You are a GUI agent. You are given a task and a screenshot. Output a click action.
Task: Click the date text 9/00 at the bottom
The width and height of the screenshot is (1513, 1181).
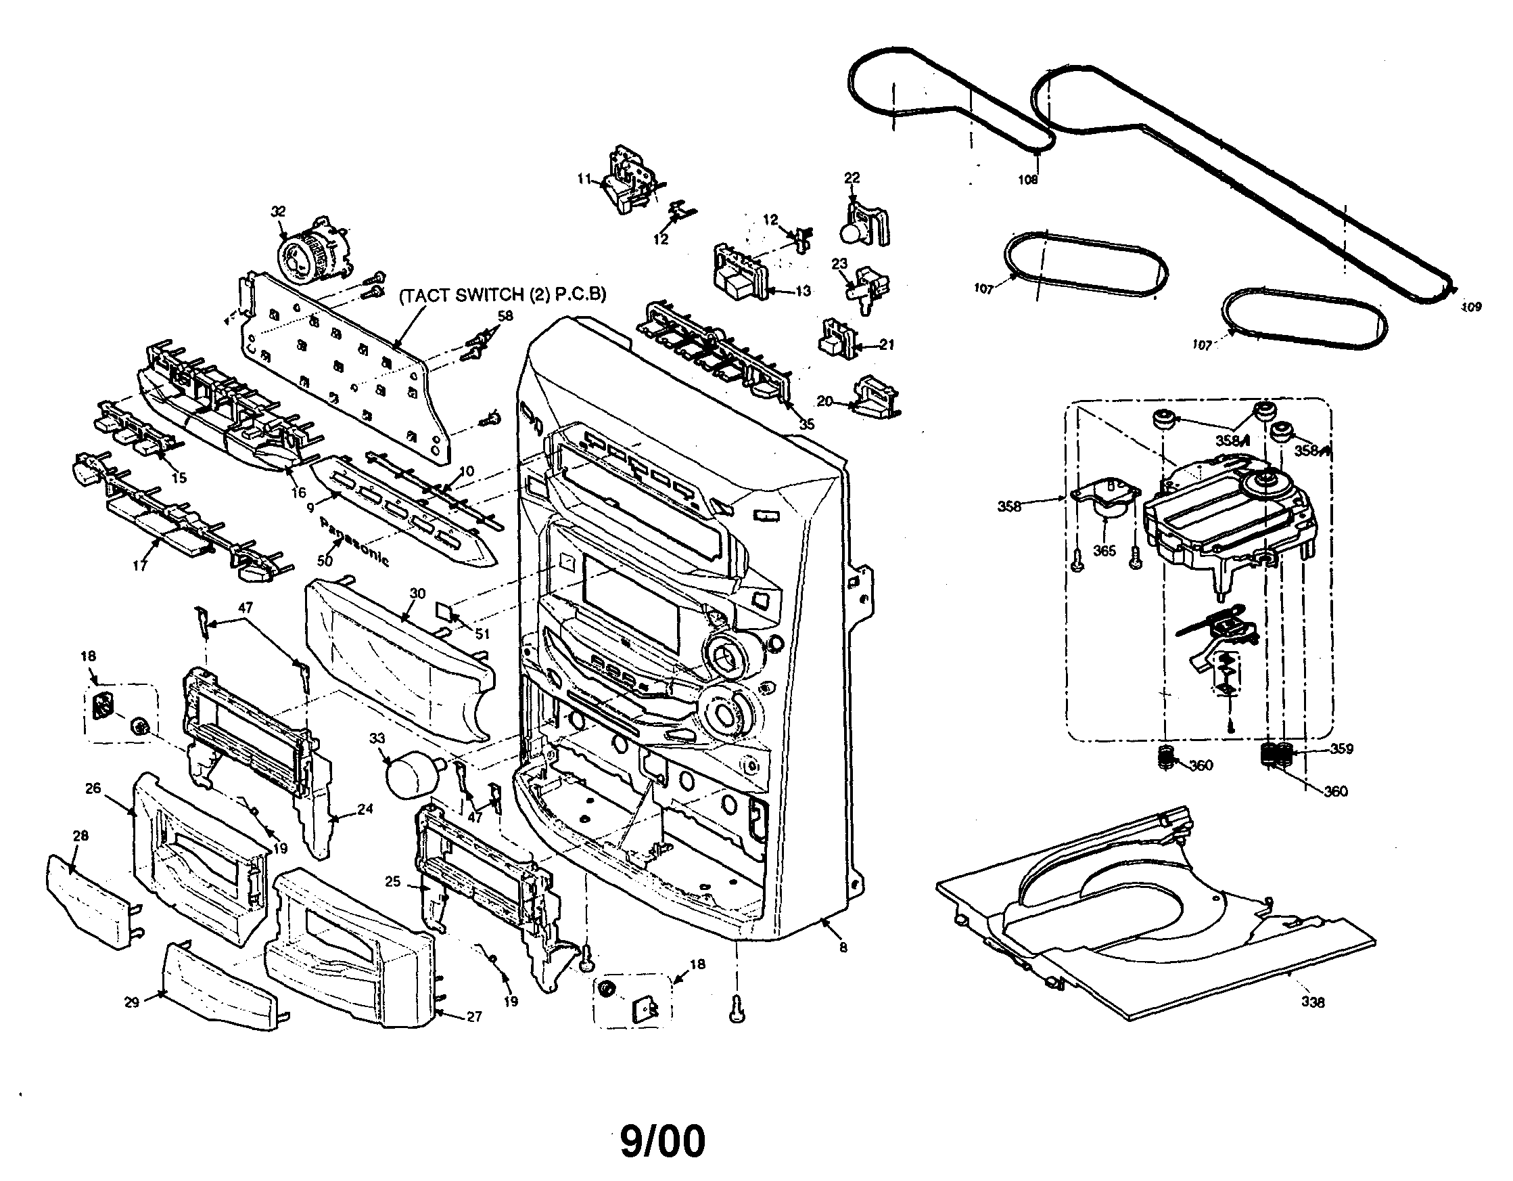pos(662,1142)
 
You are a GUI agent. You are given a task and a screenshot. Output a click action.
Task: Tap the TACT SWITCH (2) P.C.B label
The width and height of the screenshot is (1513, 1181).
pos(503,294)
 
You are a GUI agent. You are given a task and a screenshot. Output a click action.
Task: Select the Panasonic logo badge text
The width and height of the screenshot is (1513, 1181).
pos(354,541)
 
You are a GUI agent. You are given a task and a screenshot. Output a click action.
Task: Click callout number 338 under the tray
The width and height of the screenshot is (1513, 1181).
pos(1313,1002)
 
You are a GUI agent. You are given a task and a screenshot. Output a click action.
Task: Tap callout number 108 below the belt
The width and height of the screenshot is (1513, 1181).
pos(1027,179)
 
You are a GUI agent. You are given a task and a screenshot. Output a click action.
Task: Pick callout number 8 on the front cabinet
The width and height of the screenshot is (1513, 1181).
pos(843,948)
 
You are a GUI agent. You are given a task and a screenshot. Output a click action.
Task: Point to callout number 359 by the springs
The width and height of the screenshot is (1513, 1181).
pos(1342,749)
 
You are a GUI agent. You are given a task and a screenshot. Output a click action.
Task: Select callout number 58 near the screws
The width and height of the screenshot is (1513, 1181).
pos(506,316)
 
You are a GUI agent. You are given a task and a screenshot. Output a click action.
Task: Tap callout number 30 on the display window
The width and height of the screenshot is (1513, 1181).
pos(417,594)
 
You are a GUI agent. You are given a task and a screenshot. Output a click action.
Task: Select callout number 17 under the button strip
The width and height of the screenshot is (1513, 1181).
pos(140,566)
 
